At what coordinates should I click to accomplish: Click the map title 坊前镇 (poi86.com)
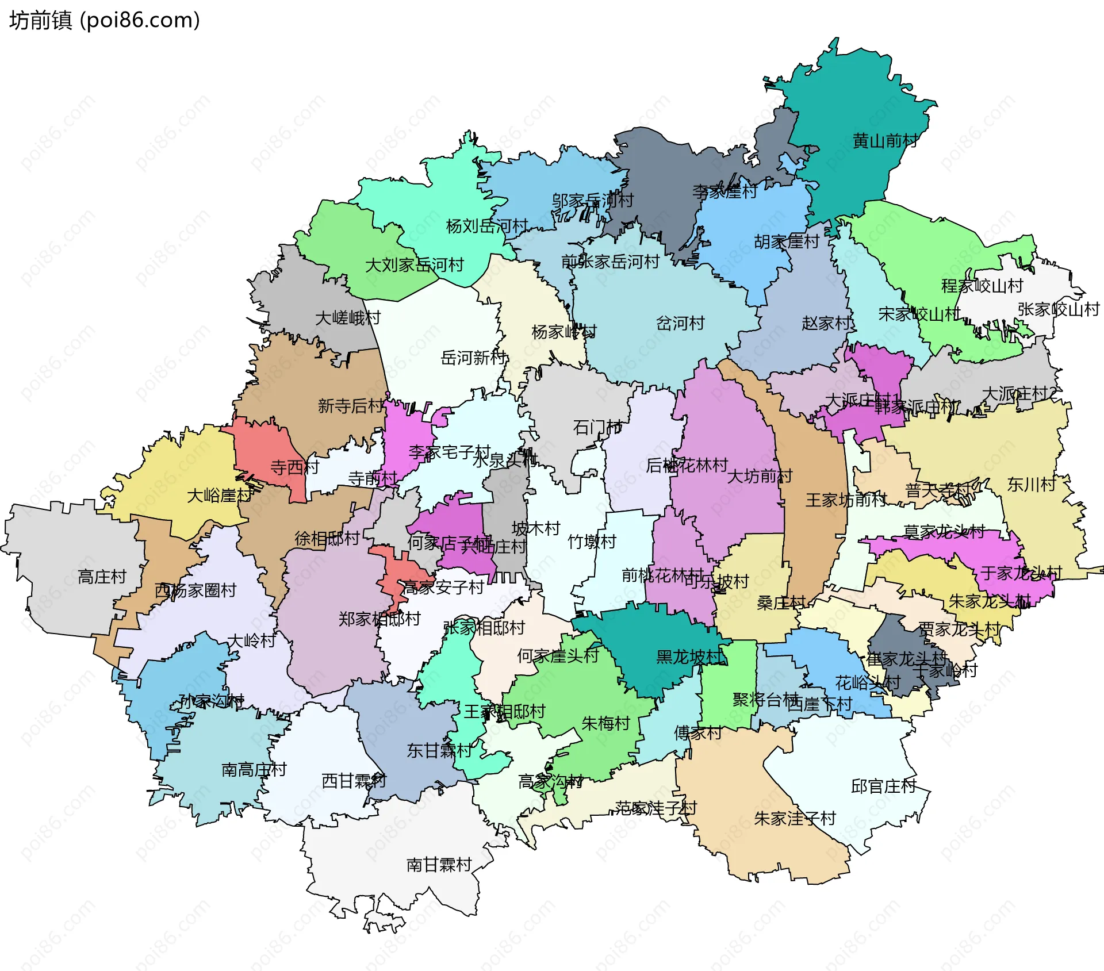pyautogui.click(x=104, y=20)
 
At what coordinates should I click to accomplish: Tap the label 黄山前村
pyautogui.click(x=885, y=141)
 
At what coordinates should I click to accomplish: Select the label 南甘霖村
pyautogui.click(x=439, y=865)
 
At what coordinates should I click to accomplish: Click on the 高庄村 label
pyautogui.click(x=102, y=577)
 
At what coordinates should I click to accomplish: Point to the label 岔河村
pyautogui.click(x=680, y=323)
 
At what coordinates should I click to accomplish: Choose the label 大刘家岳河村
pyautogui.click(x=414, y=265)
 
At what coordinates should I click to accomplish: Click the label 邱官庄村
pyautogui.click(x=883, y=786)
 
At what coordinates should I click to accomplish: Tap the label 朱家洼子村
pyautogui.click(x=795, y=819)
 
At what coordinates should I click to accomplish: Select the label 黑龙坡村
pyautogui.click(x=689, y=657)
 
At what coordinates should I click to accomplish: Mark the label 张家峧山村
pyautogui.click(x=1058, y=309)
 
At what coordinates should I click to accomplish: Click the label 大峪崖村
pyautogui.click(x=219, y=495)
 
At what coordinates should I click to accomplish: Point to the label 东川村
pyautogui.click(x=1032, y=485)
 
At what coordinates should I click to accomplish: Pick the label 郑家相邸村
pyautogui.click(x=379, y=619)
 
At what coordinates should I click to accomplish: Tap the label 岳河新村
pyautogui.click(x=473, y=358)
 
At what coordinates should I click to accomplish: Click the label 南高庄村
pyautogui.click(x=254, y=770)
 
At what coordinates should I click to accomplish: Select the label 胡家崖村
pyautogui.click(x=787, y=241)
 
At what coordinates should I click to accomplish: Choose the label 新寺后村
pyautogui.click(x=351, y=406)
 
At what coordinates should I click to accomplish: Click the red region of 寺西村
pyautogui.click(x=264, y=443)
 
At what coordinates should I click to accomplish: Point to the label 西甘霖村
pyautogui.click(x=354, y=781)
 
